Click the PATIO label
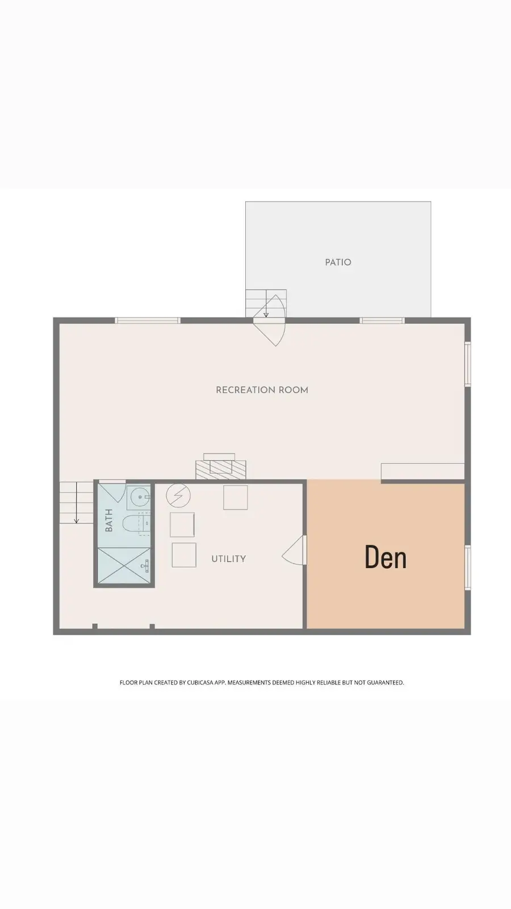(x=338, y=262)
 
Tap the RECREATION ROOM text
(x=262, y=390)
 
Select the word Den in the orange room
(x=386, y=557)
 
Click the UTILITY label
(x=228, y=558)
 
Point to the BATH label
(x=109, y=520)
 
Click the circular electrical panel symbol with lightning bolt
(x=178, y=496)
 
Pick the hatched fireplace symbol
(x=221, y=468)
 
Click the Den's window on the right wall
(x=468, y=567)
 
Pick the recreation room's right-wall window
(x=468, y=364)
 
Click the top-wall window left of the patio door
(x=148, y=320)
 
